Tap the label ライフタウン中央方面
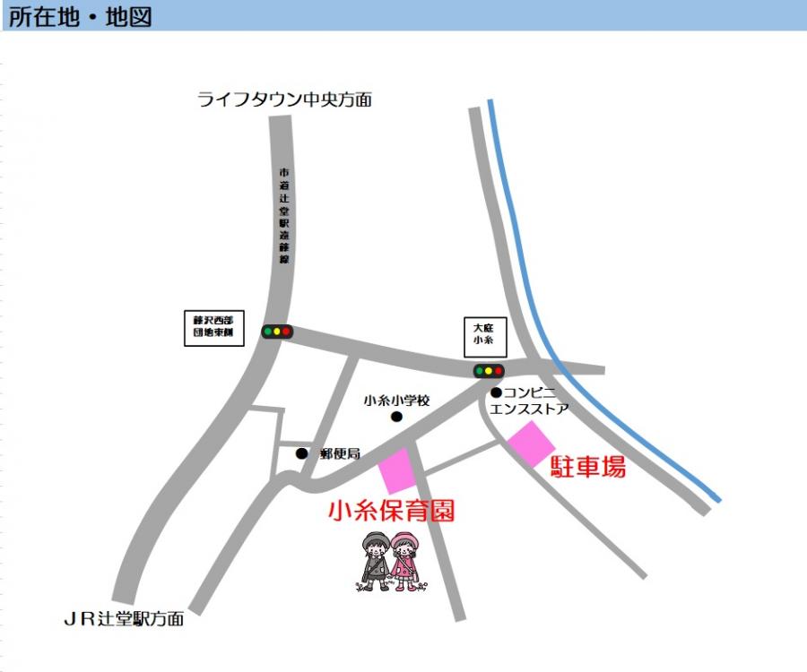click(x=284, y=99)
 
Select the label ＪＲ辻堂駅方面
click(x=124, y=619)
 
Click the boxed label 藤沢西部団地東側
click(x=213, y=330)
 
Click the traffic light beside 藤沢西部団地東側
click(x=276, y=332)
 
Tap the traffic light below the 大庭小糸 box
click(x=489, y=370)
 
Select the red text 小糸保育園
click(x=392, y=512)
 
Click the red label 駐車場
click(x=588, y=466)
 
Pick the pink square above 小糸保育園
click(x=396, y=471)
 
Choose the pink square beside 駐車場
click(x=532, y=444)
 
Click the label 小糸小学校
click(x=397, y=401)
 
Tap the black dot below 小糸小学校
click(x=396, y=417)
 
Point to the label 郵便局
click(x=340, y=454)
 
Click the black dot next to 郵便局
click(x=301, y=453)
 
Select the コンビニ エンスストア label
click(x=531, y=401)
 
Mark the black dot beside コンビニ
click(x=495, y=392)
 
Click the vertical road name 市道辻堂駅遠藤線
click(x=284, y=215)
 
